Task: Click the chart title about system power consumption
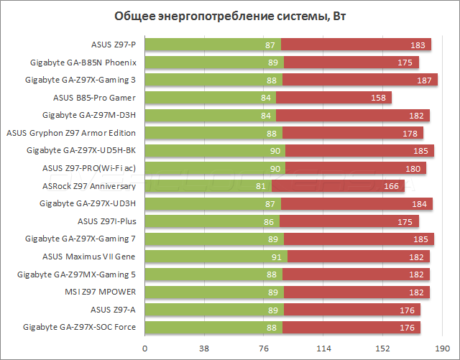click(x=230, y=16)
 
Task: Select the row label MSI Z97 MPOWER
click(x=105, y=292)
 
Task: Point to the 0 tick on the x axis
click(x=145, y=349)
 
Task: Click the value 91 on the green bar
click(x=277, y=257)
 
